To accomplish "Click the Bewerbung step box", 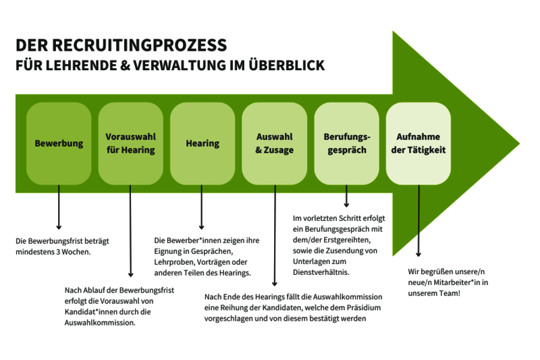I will (59, 143).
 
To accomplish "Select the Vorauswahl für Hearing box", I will (131, 143).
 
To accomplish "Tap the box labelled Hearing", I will (202, 143).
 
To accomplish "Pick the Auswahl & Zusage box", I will (275, 143).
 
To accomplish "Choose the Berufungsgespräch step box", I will (346, 143).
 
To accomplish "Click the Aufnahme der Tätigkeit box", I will (418, 143).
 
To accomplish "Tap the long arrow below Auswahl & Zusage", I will (274, 236).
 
